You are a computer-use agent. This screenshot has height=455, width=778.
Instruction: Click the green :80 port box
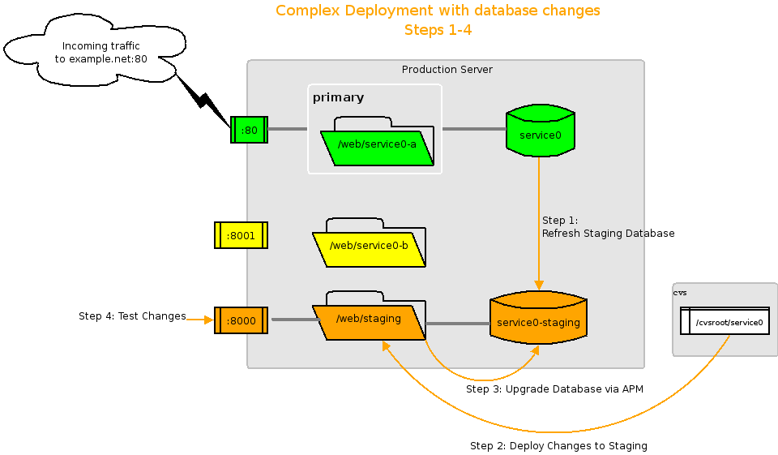point(249,130)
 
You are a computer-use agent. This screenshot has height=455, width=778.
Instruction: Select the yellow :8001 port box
point(241,235)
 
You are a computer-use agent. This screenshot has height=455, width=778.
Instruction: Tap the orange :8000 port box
point(241,320)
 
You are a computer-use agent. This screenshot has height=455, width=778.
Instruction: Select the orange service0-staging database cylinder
point(538,323)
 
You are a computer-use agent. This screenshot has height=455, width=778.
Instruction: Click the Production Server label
point(447,70)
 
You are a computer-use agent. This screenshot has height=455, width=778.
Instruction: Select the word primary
point(338,97)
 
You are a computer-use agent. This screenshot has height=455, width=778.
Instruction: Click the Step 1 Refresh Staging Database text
point(608,227)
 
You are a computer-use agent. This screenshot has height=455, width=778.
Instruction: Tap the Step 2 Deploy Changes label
point(558,446)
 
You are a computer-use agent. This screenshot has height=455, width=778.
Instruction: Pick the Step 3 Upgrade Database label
point(554,389)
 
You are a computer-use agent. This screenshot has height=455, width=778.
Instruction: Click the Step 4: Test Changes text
point(132,316)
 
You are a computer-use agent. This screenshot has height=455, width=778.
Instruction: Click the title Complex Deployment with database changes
point(438,11)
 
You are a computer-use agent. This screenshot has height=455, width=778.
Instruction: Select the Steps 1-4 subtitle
point(438,31)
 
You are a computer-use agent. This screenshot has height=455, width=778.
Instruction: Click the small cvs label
point(680,292)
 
